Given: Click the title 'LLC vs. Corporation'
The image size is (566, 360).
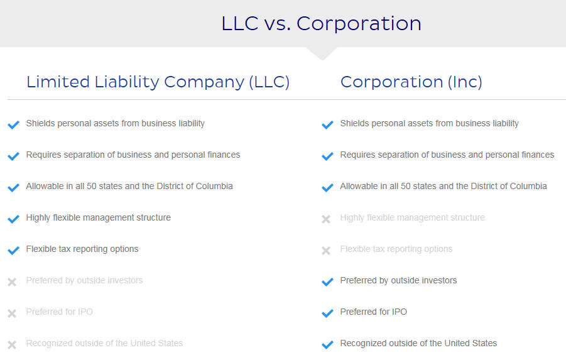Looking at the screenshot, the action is point(321,23).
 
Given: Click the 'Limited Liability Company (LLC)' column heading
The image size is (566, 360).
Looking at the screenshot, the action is point(158,82).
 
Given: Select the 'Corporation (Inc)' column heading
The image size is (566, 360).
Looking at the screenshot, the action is point(411,82).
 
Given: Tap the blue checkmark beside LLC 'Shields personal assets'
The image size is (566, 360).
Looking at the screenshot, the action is point(13,124).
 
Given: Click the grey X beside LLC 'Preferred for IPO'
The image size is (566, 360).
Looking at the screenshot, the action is point(12,314).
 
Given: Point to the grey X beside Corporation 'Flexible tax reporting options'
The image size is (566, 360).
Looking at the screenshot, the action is point(326,251).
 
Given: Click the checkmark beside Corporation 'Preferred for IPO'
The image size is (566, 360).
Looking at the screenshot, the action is point(327,313).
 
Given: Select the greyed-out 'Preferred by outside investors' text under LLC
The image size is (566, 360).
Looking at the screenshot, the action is point(84,280).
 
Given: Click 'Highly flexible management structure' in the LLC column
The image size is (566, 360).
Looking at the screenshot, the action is point(98,217).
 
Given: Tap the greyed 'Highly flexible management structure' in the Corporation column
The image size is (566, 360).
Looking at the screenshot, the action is point(412,217).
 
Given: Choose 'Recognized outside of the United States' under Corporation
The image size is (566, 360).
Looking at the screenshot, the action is point(418,343).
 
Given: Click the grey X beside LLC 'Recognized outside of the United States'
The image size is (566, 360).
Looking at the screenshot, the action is point(12,345).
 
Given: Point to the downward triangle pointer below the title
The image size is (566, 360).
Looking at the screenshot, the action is point(322,53).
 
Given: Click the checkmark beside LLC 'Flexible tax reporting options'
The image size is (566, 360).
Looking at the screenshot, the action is point(13,250).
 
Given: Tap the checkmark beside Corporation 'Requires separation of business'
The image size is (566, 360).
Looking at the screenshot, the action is point(327,156).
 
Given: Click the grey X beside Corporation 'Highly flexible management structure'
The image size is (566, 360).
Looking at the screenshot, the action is point(326,219).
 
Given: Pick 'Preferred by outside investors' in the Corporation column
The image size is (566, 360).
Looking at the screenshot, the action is point(398,280).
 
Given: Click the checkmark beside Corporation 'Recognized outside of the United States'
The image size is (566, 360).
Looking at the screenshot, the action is point(327,344).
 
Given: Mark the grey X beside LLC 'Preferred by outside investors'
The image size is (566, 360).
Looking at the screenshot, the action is point(12,282).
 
